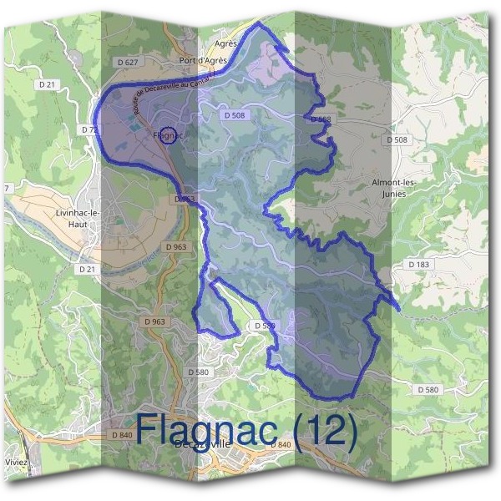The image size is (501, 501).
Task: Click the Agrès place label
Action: click(225, 43)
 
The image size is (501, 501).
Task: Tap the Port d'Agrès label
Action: click(204, 61)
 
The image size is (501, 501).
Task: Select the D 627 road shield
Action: click(127, 63)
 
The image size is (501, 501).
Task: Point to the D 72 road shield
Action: click(90, 130)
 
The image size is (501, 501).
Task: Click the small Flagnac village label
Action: click(168, 134)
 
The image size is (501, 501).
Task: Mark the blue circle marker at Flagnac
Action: click(167, 137)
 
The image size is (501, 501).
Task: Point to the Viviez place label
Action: click(15, 462)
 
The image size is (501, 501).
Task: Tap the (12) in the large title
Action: click(326, 429)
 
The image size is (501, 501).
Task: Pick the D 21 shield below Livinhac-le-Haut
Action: click(88, 270)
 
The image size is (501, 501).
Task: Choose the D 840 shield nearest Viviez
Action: click(121, 436)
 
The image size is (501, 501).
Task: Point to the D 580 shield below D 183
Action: click(427, 389)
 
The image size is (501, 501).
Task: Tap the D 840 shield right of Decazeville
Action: click(280, 444)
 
